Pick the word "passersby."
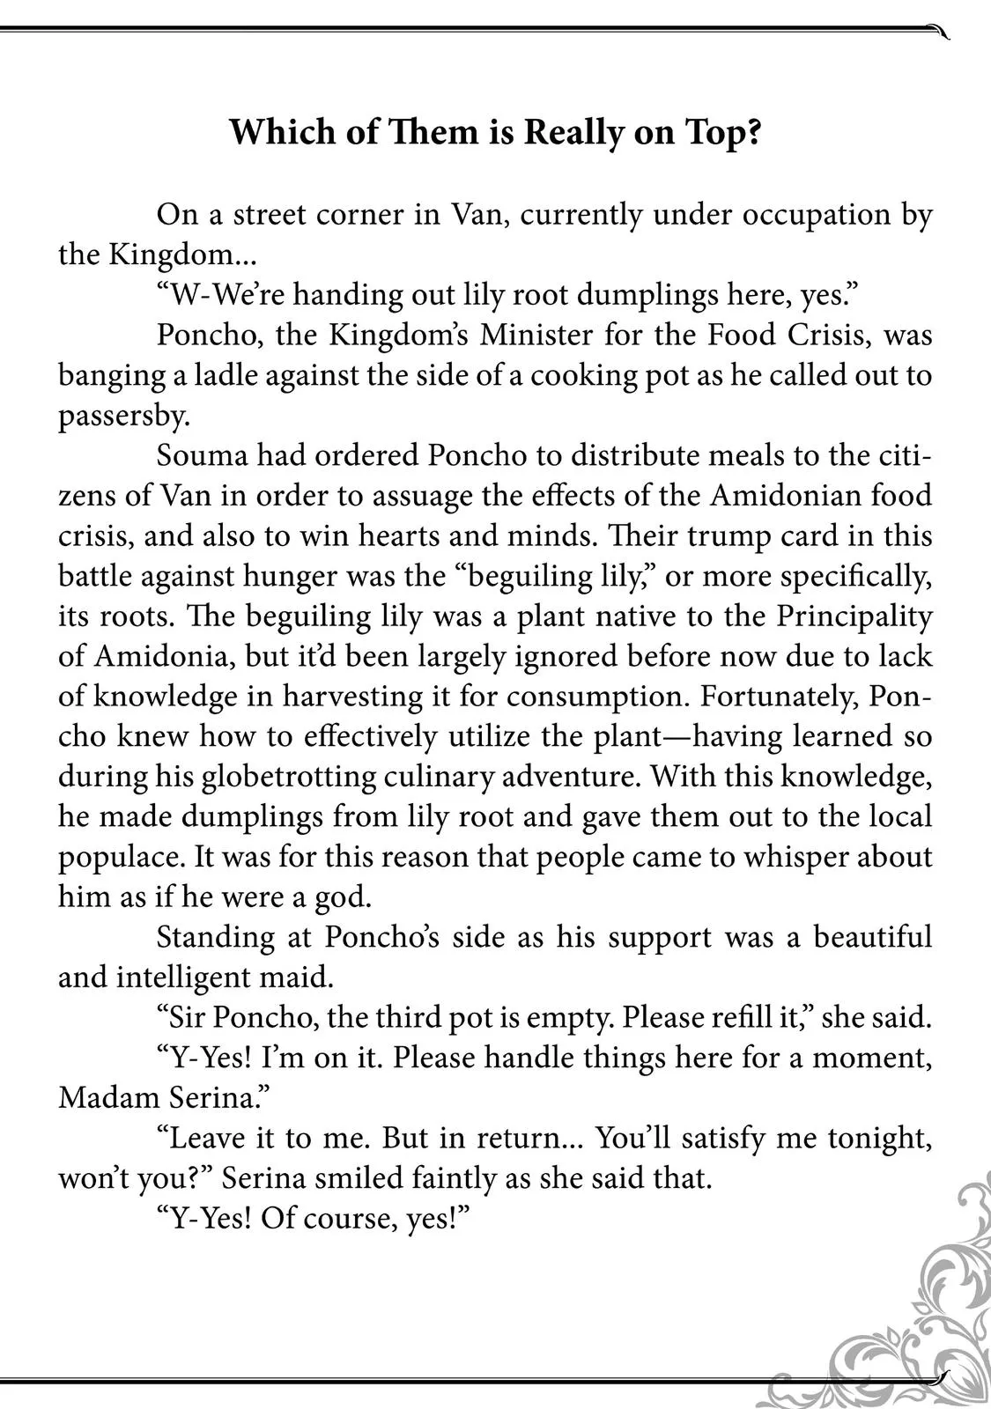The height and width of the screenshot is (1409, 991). [124, 416]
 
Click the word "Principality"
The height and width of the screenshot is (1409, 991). [854, 616]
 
